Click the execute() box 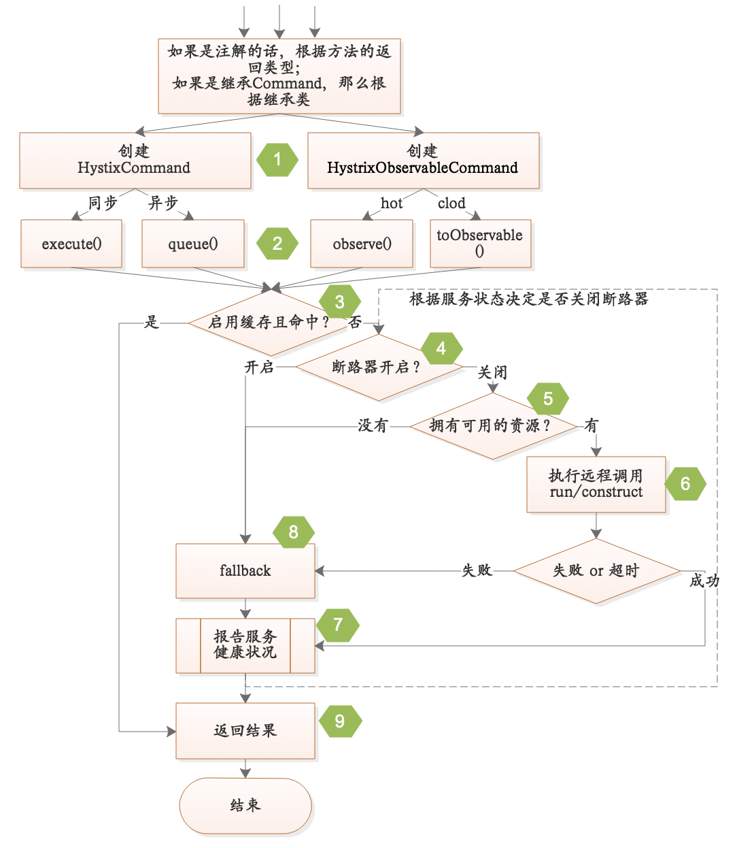click(x=71, y=244)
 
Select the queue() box click(x=193, y=244)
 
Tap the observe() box click(x=362, y=244)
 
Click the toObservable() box click(x=480, y=244)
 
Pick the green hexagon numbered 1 click(x=277, y=160)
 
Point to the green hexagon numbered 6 click(x=685, y=484)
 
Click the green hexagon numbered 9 click(x=340, y=721)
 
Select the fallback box click(x=245, y=571)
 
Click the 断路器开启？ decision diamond click(x=378, y=367)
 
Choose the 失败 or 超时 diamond click(x=596, y=571)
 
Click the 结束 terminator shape click(x=245, y=806)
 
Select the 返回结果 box click(x=245, y=731)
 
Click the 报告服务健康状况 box click(x=245, y=645)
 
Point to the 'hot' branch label click(x=392, y=203)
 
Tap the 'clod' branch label click(x=451, y=203)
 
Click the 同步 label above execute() click(x=103, y=203)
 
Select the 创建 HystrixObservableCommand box click(x=423, y=161)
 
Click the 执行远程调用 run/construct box click(x=596, y=484)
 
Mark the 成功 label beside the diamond click(x=704, y=581)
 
